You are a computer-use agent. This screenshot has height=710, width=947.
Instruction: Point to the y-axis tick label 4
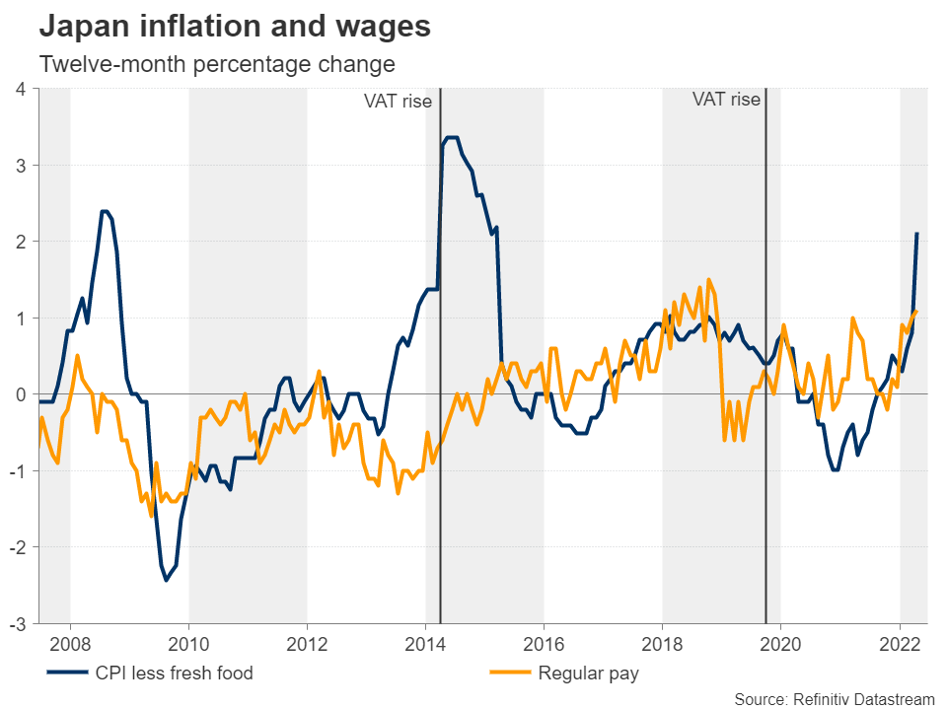21,89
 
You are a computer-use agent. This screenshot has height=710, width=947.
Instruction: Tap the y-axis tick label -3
18,623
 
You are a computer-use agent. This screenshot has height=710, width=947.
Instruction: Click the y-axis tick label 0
21,394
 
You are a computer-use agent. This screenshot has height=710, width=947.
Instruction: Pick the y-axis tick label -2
18,547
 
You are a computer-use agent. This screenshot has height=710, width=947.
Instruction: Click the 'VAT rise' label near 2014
398,101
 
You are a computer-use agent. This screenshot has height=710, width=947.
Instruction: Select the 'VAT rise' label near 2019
726,99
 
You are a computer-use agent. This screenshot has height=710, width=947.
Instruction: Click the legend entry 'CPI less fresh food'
174,674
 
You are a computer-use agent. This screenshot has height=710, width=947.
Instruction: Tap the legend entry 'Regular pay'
588,674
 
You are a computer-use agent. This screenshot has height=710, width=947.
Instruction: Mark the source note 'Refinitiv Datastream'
835,699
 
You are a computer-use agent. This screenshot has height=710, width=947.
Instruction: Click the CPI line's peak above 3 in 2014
452,138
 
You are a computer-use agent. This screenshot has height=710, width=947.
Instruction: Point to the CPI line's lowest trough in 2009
166,580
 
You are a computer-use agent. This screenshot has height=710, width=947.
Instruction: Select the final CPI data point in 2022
917,234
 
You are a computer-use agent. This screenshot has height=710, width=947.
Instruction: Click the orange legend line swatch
510,674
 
